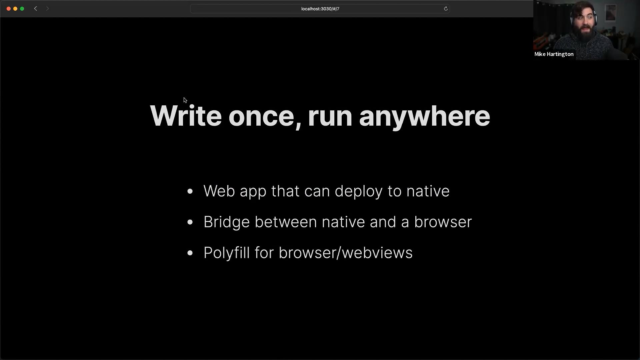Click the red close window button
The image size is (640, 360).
point(9,9)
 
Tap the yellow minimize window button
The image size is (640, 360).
point(15,9)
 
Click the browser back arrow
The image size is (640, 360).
point(36,9)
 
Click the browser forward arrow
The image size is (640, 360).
point(47,9)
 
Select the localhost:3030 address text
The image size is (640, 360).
point(320,9)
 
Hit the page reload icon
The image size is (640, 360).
point(446,9)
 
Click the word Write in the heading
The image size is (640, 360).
point(186,116)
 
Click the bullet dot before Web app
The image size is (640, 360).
point(190,191)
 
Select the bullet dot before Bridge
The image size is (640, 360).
point(190,222)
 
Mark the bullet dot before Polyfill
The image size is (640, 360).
point(190,253)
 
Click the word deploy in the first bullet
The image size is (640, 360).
point(358,192)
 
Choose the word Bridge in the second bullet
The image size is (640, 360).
point(227,222)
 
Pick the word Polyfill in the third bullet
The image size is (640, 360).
point(227,253)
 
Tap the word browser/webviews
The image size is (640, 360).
point(346,253)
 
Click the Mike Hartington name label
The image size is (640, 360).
point(554,54)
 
